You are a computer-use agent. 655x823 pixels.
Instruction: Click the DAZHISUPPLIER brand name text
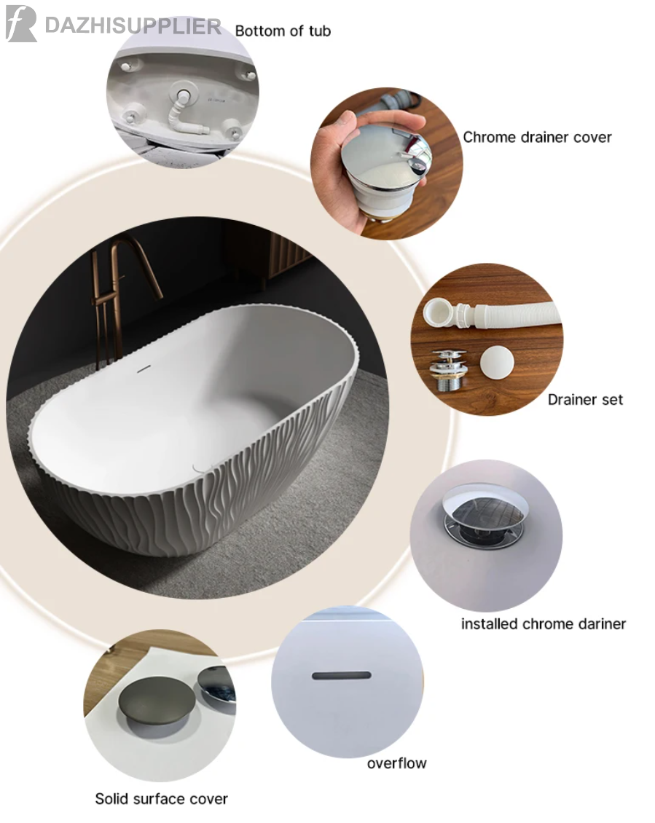click(133, 25)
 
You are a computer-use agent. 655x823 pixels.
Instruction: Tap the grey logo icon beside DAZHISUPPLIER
click(21, 23)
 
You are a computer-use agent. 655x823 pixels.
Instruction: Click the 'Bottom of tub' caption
click(283, 31)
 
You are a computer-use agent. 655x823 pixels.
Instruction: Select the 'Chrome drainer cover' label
click(537, 138)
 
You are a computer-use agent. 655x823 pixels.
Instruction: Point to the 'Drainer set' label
click(585, 399)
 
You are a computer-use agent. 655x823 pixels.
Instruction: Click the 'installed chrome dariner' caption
click(544, 623)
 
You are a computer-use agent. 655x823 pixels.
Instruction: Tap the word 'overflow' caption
click(396, 763)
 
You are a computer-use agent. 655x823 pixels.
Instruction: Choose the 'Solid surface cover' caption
click(161, 799)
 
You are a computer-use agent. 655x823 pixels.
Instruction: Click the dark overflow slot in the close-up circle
click(342, 675)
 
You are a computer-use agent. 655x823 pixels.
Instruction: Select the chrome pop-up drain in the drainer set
click(449, 369)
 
